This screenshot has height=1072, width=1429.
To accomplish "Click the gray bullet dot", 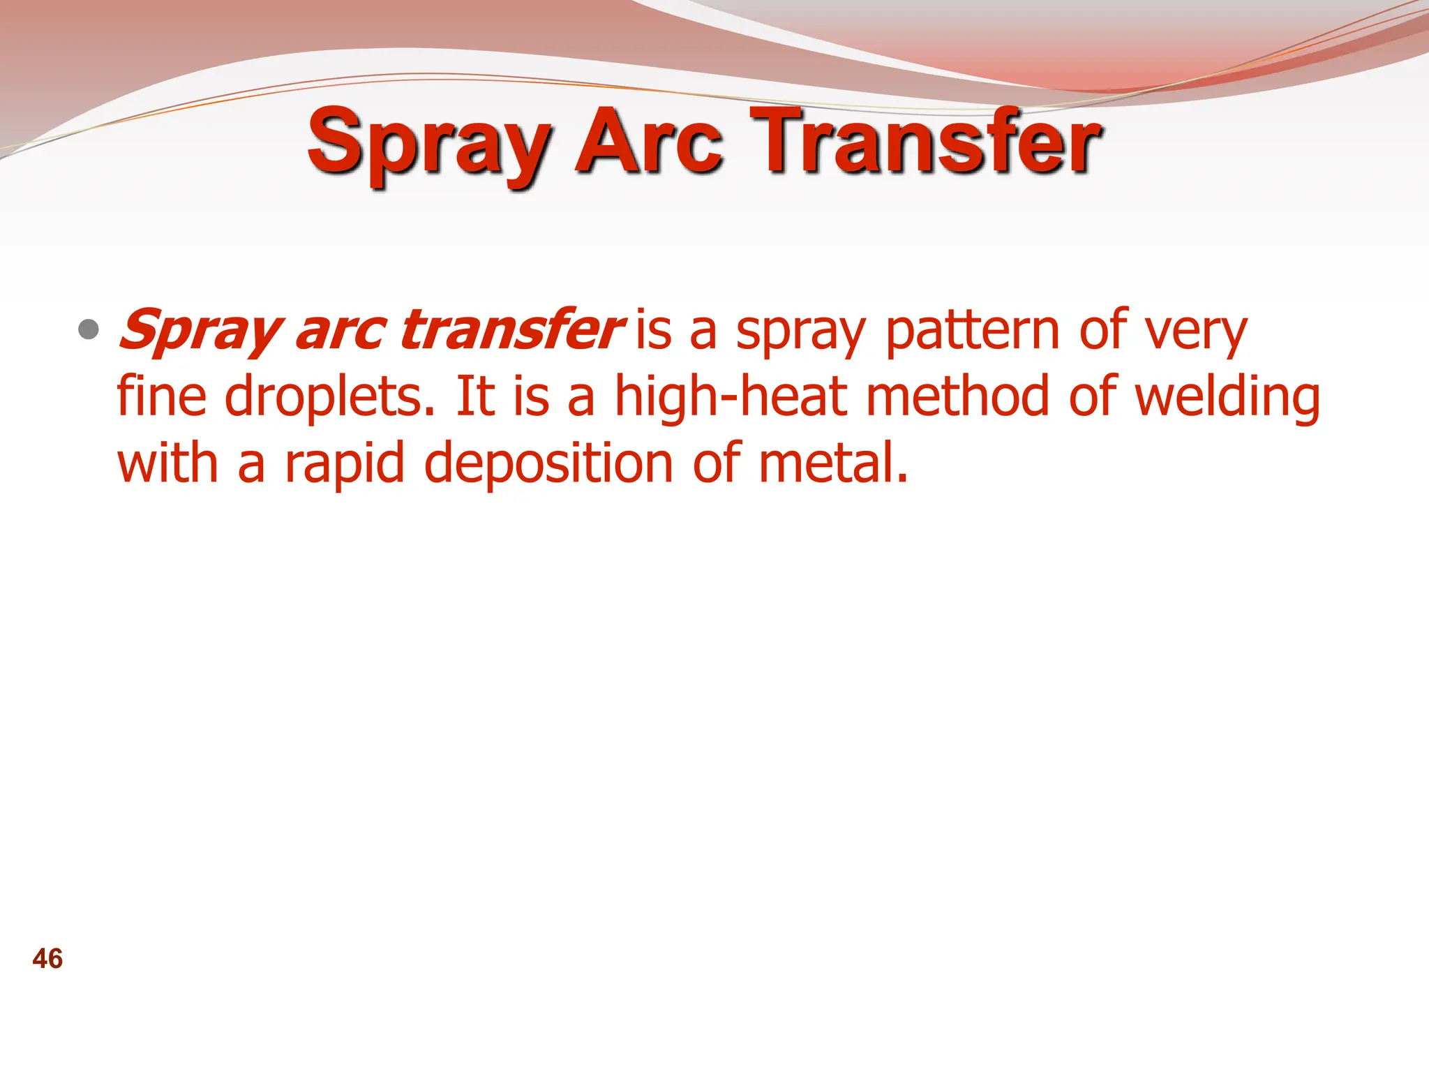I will click(x=89, y=329).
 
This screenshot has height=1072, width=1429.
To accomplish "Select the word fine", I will click(x=161, y=396).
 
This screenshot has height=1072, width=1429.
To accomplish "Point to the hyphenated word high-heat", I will click(x=731, y=396).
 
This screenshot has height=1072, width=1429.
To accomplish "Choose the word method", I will click(x=957, y=396).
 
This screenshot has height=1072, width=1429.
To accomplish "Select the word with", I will click(x=167, y=463).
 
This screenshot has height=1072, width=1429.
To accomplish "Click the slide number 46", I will click(x=47, y=959).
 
